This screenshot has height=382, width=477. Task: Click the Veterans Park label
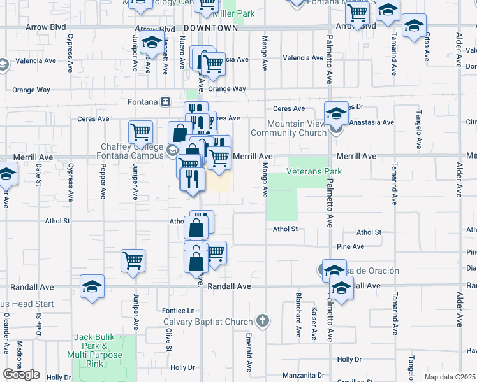pyautogui.click(x=314, y=172)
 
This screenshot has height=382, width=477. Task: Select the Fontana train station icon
pyautogui.click(x=166, y=102)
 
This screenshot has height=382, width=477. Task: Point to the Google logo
pyautogui.click(x=21, y=374)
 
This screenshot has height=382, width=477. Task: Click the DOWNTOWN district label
pyautogui.click(x=210, y=29)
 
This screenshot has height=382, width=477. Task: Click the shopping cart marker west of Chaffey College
pyautogui.click(x=140, y=132)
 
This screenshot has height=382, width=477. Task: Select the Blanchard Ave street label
pyautogui.click(x=297, y=315)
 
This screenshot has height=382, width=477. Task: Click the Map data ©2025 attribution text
pyautogui.click(x=450, y=377)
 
